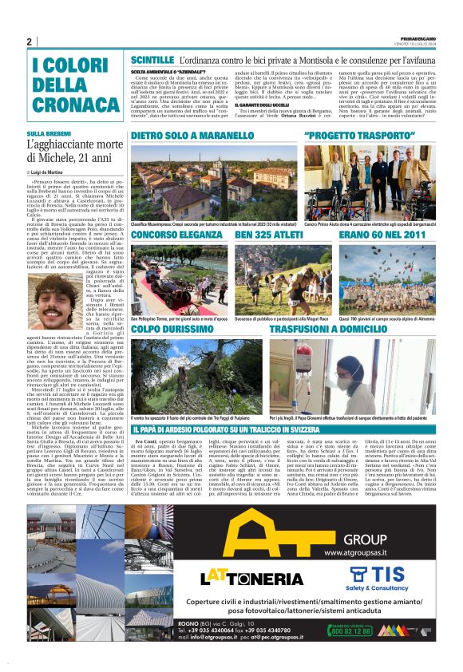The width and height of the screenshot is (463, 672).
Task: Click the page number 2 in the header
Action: click(x=29, y=42)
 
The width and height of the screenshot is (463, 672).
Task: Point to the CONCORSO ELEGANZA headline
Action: click(x=178, y=236)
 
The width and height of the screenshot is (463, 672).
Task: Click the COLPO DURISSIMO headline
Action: click(x=174, y=328)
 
